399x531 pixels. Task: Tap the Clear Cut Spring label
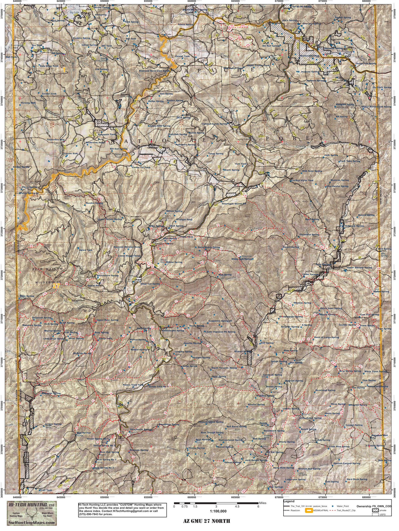click(150, 284)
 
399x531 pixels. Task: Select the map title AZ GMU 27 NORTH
click(206, 521)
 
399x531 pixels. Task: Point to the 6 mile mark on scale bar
click(258, 506)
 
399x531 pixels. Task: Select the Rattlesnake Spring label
click(172, 331)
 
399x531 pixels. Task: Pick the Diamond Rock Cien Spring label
click(155, 71)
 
